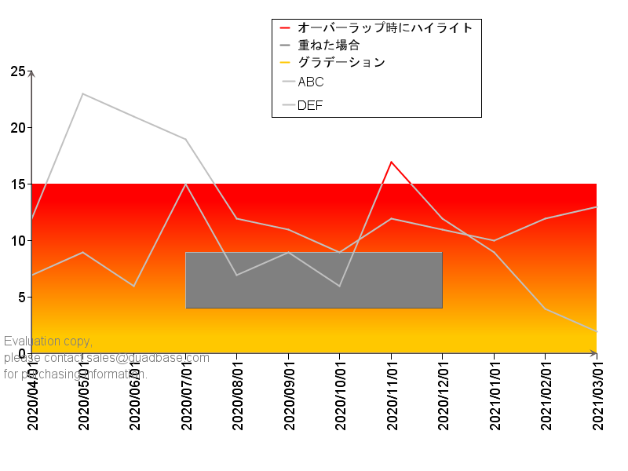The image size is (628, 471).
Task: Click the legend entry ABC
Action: pyautogui.click(x=311, y=82)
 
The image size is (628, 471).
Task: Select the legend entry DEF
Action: pyautogui.click(x=311, y=105)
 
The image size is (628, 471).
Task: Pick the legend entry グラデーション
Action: pyautogui.click(x=341, y=62)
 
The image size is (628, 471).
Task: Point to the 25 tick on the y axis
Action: pyautogui.click(x=18, y=71)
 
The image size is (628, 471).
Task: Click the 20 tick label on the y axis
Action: pyautogui.click(x=18, y=128)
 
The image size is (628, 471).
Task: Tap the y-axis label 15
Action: pyautogui.click(x=18, y=184)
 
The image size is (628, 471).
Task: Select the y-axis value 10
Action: pyautogui.click(x=18, y=241)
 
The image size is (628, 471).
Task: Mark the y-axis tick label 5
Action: pyautogui.click(x=23, y=298)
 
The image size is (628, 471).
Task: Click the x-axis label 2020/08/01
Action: pyautogui.click(x=238, y=396)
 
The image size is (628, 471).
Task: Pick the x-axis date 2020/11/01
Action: pyautogui.click(x=392, y=396)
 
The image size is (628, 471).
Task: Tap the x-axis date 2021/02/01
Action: pyautogui.click(x=546, y=396)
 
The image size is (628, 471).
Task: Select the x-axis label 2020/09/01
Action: pyautogui.click(x=289, y=396)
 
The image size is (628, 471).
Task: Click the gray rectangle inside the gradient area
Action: pyautogui.click(x=314, y=280)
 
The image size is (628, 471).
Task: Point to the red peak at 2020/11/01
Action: pyautogui.click(x=392, y=162)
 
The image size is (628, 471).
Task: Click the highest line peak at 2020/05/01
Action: pyautogui.click(x=82, y=94)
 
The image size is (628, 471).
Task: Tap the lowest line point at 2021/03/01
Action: pyautogui.click(x=596, y=331)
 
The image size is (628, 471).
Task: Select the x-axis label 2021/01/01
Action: pyautogui.click(x=495, y=396)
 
